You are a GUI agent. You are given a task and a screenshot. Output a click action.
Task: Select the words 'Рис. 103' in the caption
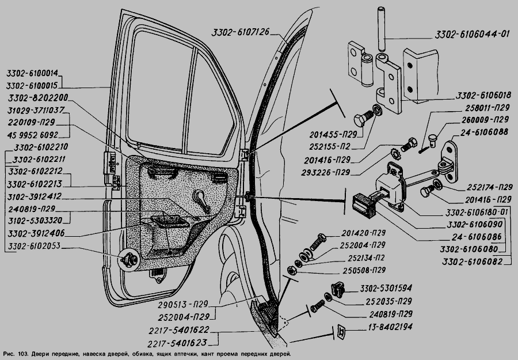(15, 353)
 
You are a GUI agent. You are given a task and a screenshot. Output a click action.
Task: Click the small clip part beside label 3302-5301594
(338, 288)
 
